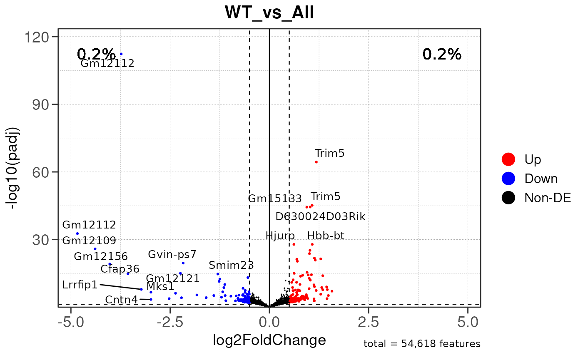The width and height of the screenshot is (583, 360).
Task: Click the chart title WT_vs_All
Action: [x=269, y=13]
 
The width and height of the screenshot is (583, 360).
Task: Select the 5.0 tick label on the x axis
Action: [x=468, y=322]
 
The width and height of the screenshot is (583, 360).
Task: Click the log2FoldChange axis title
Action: [x=269, y=340]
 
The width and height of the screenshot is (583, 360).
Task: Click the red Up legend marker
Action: [x=508, y=159]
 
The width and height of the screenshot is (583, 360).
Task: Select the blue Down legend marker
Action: [x=508, y=179]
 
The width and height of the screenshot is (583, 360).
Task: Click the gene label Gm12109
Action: [x=89, y=241]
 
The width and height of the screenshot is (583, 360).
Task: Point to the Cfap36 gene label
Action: [x=120, y=269]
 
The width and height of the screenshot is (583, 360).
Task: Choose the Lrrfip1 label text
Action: [x=80, y=285]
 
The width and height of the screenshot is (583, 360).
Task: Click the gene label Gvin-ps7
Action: [x=172, y=254]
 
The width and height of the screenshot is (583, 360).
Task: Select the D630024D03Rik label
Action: [x=320, y=216]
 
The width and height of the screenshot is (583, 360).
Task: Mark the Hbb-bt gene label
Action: [x=326, y=236]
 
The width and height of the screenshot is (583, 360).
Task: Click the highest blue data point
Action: [x=121, y=54]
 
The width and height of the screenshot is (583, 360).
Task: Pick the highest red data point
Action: [x=316, y=162]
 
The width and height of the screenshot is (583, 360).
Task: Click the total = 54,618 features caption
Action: [x=422, y=344]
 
